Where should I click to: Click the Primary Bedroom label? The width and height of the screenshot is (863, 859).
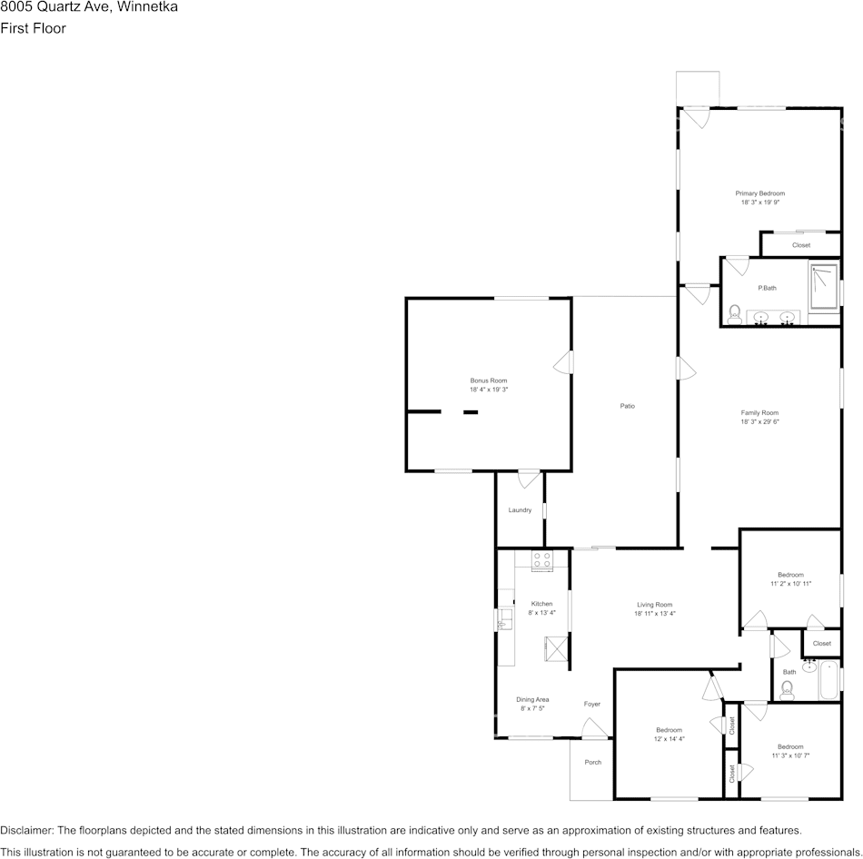click(759, 193)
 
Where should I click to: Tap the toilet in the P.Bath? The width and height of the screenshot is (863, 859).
click(733, 314)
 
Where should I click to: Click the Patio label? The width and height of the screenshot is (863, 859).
click(627, 406)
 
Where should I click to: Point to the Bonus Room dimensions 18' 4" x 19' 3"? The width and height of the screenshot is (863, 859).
click(489, 390)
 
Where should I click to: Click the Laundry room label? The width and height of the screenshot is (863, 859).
click(520, 510)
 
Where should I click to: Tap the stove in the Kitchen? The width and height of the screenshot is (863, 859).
click(542, 560)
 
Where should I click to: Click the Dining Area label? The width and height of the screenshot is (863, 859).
click(532, 699)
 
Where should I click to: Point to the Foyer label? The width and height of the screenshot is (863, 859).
click(592, 704)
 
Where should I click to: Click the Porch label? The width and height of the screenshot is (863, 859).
click(593, 762)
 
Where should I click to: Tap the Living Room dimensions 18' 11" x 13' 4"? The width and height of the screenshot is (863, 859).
click(654, 614)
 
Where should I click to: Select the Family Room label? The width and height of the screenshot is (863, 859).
click(759, 413)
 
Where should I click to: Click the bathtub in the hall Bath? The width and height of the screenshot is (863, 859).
click(828, 681)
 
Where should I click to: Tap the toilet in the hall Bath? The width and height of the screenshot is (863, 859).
click(787, 690)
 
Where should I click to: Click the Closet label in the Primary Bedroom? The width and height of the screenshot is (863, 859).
click(801, 245)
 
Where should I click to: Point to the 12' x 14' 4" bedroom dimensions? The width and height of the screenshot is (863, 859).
click(670, 739)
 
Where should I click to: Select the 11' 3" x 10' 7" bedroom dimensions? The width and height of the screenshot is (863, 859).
click(790, 755)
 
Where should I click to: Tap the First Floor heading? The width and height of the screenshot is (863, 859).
click(33, 28)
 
